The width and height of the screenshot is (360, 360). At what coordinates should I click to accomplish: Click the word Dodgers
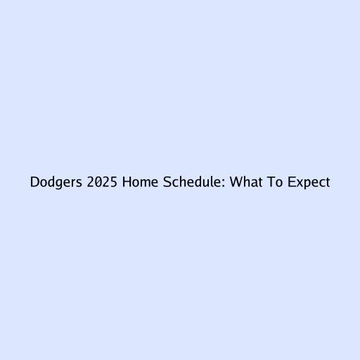(56, 182)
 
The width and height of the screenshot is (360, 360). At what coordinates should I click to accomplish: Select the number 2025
(102, 182)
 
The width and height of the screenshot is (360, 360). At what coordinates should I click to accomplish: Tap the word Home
(140, 182)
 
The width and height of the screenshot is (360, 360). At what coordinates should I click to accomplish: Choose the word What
(246, 182)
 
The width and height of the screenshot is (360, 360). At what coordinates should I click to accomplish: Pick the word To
(275, 182)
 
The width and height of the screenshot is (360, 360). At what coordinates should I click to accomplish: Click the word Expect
(309, 183)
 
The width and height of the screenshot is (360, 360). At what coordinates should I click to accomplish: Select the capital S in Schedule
(167, 182)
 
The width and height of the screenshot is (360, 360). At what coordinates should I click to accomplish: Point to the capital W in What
(236, 182)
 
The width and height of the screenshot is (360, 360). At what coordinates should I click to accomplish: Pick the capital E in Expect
(291, 182)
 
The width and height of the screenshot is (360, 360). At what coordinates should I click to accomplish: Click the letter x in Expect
(300, 184)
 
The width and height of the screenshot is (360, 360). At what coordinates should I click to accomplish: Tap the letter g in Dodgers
(60, 184)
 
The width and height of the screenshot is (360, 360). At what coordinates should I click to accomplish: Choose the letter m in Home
(146, 184)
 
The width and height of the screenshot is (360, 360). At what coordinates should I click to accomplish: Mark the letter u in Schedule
(208, 184)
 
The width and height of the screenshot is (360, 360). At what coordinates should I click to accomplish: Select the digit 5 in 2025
(113, 182)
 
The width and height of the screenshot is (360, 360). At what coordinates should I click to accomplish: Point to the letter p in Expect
(308, 184)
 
